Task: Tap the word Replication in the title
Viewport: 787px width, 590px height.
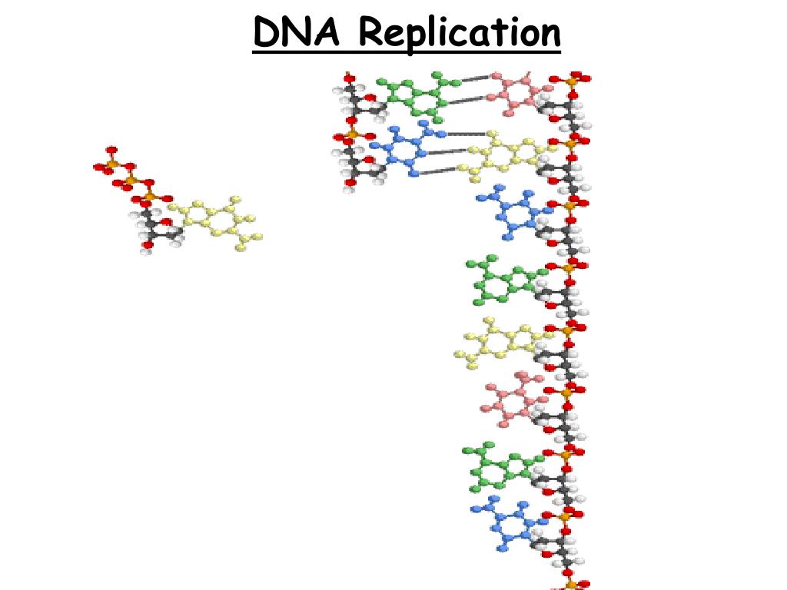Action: pyautogui.click(x=460, y=35)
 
